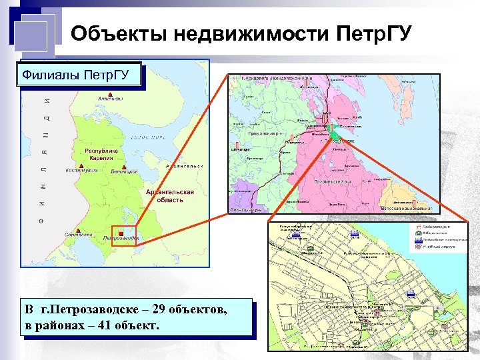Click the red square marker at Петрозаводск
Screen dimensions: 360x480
(120, 234)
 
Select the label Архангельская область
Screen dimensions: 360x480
(170, 195)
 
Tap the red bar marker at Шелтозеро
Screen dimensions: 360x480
(414, 201)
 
